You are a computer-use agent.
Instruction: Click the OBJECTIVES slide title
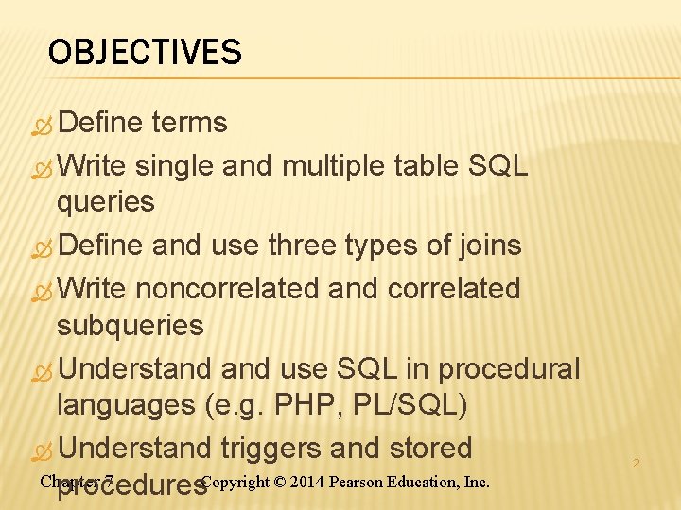coord(145,52)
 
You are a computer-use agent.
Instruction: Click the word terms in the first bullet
coord(189,123)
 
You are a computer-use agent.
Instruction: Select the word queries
coord(105,201)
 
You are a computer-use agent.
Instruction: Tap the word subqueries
coord(130,326)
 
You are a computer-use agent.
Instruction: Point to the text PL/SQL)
coord(410,406)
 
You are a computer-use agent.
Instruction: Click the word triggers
coord(279,448)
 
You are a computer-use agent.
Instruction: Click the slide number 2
coord(637,464)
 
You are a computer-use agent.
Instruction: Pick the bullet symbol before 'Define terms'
coord(42,124)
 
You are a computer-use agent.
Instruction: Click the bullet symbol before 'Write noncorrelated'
coord(42,289)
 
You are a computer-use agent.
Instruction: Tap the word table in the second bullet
coord(424,166)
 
